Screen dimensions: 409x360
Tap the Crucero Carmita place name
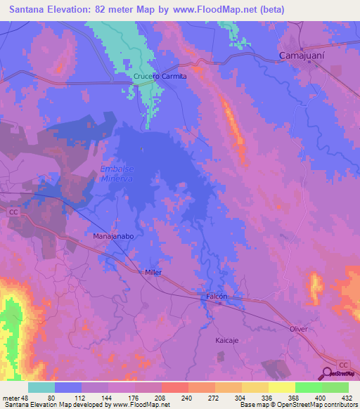(x=160, y=77)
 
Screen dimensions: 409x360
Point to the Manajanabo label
(x=113, y=237)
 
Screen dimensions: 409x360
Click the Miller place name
(x=153, y=272)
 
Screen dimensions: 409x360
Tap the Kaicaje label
(x=229, y=339)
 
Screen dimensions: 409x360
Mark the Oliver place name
(x=299, y=329)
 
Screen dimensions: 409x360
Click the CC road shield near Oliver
(x=343, y=364)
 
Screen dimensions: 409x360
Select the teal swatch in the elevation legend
(x=41, y=387)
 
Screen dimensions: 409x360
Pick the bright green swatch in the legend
(x=308, y=387)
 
